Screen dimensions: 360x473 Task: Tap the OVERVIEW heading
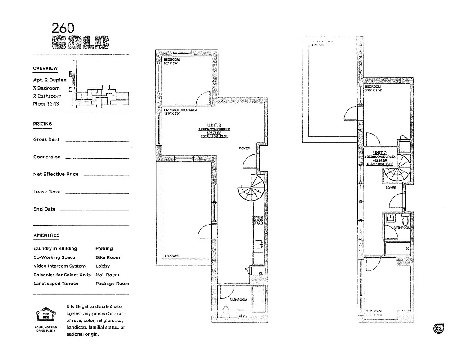pos(45,68)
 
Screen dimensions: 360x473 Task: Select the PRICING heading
pos(42,124)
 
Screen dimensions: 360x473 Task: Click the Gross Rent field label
pos(46,139)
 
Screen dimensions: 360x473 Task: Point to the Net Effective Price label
pos(56,174)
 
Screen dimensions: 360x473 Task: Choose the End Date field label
pos(44,209)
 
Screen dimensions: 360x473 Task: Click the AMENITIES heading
pos(46,235)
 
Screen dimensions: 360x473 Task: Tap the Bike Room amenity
pos(108,257)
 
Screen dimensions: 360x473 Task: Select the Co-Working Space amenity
pos(54,257)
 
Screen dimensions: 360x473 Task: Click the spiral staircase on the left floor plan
pos(251,189)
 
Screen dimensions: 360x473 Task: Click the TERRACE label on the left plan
pos(171,256)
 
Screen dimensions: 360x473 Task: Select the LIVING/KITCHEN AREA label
pos(180,110)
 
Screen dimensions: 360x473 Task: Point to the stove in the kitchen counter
pos(259,220)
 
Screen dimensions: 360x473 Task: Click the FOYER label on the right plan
pos(391,188)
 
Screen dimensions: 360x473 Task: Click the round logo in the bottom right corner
pos(437,328)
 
